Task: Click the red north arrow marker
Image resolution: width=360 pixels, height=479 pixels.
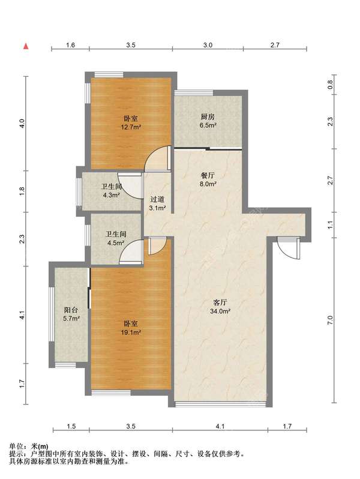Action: coord(26,46)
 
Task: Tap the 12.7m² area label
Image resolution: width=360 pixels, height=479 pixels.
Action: coord(131,127)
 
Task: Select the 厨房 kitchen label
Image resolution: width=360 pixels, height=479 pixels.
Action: coord(208,116)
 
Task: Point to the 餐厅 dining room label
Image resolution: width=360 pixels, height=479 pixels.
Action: coord(208,176)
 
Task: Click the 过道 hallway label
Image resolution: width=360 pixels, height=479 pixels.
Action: coord(158,199)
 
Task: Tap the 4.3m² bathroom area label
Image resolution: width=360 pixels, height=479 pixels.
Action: coord(111,195)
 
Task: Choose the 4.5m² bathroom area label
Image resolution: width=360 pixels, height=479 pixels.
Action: coord(116,243)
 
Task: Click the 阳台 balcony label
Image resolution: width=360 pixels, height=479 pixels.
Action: coord(71,310)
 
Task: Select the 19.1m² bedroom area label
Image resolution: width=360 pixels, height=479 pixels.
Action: coord(131,332)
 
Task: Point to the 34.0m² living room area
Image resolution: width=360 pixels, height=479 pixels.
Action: coord(220,312)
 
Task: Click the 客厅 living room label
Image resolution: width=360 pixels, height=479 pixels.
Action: coord(220,303)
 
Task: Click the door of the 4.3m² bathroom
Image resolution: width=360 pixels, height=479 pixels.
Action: coord(130,185)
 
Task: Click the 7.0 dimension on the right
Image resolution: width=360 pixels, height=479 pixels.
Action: coord(330,320)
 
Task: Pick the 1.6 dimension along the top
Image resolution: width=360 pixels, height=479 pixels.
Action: coord(70,45)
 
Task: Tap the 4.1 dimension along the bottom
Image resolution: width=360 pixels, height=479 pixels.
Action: coord(220,426)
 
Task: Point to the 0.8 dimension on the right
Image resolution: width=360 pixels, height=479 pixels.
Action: coord(330,85)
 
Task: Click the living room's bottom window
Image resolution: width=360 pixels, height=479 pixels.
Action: coord(220,405)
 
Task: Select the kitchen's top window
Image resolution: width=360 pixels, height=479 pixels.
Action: coord(194,93)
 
